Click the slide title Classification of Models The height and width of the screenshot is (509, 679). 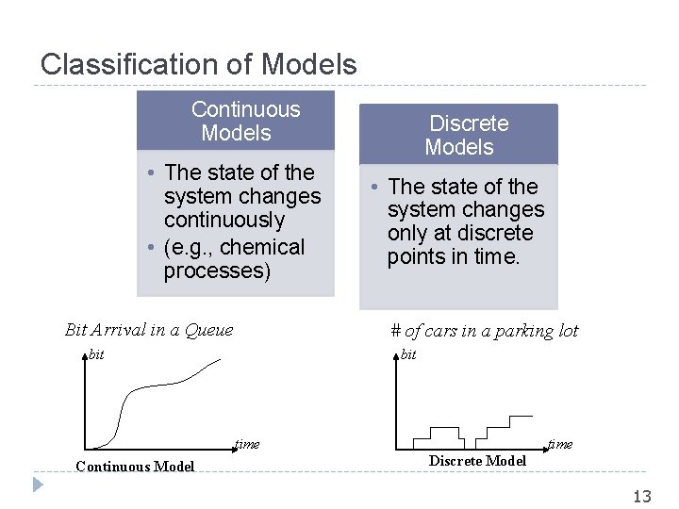point(199,64)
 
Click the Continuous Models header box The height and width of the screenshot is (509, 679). point(236,121)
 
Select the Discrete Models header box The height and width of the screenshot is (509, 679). point(459,135)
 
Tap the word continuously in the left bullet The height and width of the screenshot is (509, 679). point(224,221)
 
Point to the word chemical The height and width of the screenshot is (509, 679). point(260,248)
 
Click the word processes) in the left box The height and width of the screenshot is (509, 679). point(217,271)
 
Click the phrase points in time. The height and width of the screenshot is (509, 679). point(454,257)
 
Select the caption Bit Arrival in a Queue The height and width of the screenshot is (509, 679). point(148,330)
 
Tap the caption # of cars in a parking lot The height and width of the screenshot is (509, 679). point(484,331)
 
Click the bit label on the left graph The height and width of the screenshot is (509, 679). point(95,354)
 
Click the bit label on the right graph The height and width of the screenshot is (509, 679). point(408,354)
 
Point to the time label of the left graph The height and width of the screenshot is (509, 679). point(247,444)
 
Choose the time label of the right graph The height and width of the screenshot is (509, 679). point(560,444)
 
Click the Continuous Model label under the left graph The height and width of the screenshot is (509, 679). point(135,467)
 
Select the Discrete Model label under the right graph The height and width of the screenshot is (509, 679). point(477,461)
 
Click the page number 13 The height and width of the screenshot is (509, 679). point(642,497)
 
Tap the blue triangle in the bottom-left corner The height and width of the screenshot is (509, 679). point(37,485)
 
